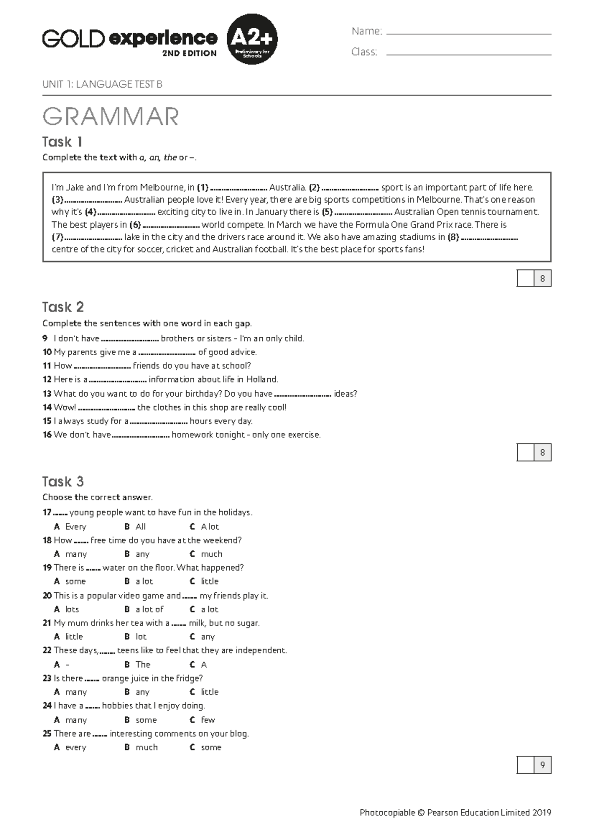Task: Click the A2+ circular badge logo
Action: coord(252,39)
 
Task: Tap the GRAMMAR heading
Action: coord(110,117)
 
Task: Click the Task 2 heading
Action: coord(63,307)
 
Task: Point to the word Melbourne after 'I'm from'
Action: coord(162,188)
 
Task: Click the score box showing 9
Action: coord(534,765)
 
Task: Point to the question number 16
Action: coord(47,435)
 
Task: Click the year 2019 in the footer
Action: coord(542,812)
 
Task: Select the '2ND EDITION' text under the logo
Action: coord(189,53)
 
